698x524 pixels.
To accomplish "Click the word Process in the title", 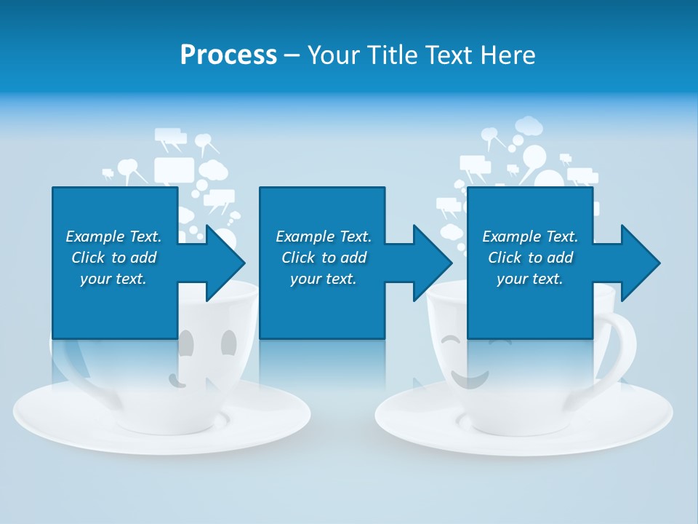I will [228, 55].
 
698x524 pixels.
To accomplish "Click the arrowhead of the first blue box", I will [225, 263].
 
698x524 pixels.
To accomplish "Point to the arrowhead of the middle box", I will [433, 263].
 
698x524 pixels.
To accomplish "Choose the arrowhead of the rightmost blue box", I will [641, 263].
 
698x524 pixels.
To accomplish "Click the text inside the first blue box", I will [113, 258].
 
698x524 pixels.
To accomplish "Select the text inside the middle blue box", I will [323, 258].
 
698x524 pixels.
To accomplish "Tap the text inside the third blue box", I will [529, 258].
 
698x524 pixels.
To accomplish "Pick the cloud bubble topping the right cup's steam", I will [529, 126].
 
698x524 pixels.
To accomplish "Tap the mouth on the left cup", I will [176, 379].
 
